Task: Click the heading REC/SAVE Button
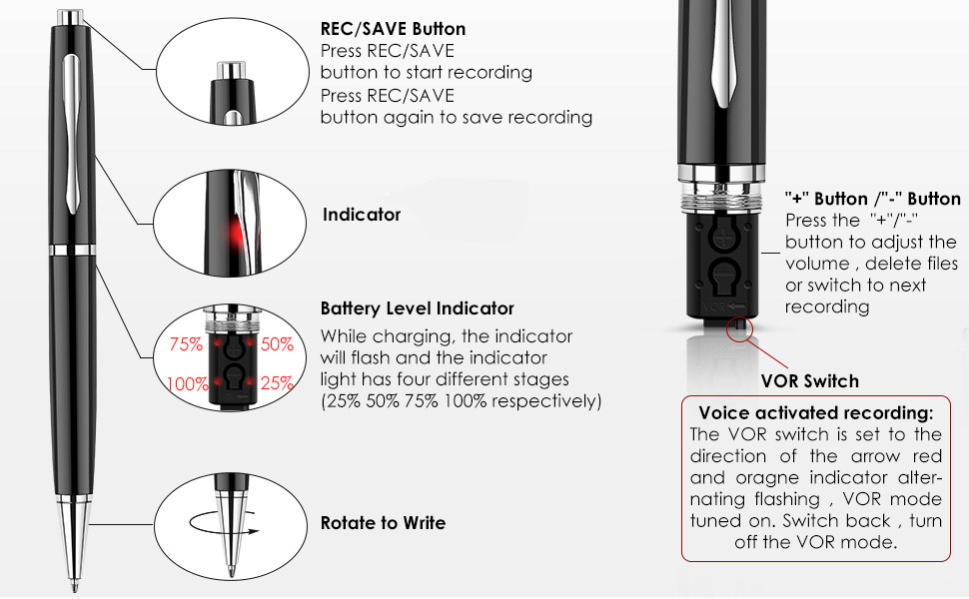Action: pyautogui.click(x=393, y=29)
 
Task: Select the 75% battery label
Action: pyautogui.click(x=187, y=345)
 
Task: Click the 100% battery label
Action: pyautogui.click(x=188, y=383)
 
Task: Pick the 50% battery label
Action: pyautogui.click(x=277, y=345)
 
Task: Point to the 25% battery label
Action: pyautogui.click(x=277, y=383)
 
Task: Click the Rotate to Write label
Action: pyautogui.click(x=383, y=523)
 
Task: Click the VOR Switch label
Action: pyautogui.click(x=809, y=380)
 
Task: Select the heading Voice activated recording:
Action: pyautogui.click(x=816, y=412)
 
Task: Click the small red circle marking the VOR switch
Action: pyautogui.click(x=739, y=326)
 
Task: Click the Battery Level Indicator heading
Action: pyautogui.click(x=417, y=308)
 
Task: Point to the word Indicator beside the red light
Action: pyautogui.click(x=362, y=215)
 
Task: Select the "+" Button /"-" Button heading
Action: pyautogui.click(x=872, y=199)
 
